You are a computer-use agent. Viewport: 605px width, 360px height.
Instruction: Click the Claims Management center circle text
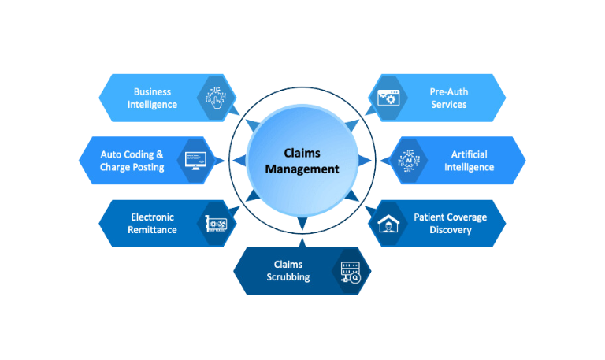[302, 161]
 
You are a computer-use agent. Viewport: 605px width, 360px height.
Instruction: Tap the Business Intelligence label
[152, 98]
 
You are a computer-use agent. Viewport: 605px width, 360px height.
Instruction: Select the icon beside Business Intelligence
[214, 98]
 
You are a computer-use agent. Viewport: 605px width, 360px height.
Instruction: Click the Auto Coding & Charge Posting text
[132, 161]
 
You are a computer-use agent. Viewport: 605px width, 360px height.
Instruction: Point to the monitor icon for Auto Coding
[195, 161]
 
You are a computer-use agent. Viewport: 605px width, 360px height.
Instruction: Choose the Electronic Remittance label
[152, 224]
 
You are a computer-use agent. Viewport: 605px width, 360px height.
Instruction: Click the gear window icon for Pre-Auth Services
[388, 98]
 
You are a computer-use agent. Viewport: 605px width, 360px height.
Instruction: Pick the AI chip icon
[408, 161]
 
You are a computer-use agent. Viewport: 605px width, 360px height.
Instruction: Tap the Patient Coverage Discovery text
[450, 224]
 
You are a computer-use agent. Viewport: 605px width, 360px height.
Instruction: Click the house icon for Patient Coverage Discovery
[388, 224]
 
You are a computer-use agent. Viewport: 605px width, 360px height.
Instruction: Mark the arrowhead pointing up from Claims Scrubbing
[302, 227]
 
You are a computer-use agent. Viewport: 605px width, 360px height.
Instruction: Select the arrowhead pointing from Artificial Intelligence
[364, 161]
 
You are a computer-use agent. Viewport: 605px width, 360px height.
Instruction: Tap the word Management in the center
[302, 169]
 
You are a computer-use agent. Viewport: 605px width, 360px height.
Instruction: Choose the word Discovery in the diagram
[450, 230]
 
